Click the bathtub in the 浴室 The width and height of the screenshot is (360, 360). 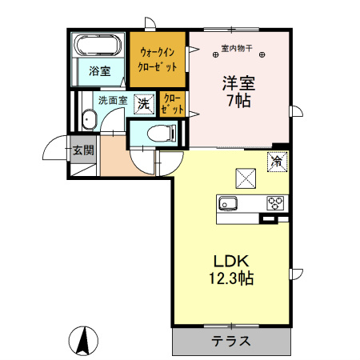[x=98, y=46]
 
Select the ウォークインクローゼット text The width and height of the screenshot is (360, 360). [x=158, y=59]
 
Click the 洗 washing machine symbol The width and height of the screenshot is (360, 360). [x=143, y=102]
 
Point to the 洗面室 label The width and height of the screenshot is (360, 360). [x=112, y=102]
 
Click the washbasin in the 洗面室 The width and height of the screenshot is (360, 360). [x=88, y=121]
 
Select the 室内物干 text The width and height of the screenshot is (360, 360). [x=236, y=50]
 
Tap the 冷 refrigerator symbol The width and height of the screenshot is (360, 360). [x=276, y=161]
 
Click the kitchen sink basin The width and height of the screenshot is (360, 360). [x=227, y=202]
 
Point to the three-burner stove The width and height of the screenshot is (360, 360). [x=276, y=202]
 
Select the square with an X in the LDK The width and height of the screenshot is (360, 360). [x=244, y=178]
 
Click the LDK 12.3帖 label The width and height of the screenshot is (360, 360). [x=232, y=270]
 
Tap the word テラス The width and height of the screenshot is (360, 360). [x=231, y=341]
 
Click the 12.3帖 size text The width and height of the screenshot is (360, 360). [x=232, y=279]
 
